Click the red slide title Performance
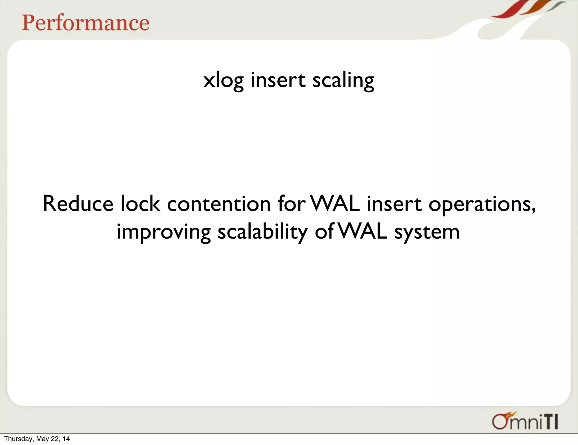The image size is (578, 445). click(86, 23)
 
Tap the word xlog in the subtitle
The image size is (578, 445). click(223, 80)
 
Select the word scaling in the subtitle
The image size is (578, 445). click(343, 80)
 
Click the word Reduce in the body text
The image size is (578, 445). click(78, 204)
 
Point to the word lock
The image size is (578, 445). click(140, 204)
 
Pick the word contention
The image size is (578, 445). click(219, 204)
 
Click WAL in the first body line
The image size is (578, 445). click(335, 204)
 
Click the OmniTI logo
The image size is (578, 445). click(525, 421)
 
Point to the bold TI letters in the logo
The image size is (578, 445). click(550, 422)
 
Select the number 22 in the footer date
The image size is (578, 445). click(54, 439)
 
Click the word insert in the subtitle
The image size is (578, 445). click(278, 80)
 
